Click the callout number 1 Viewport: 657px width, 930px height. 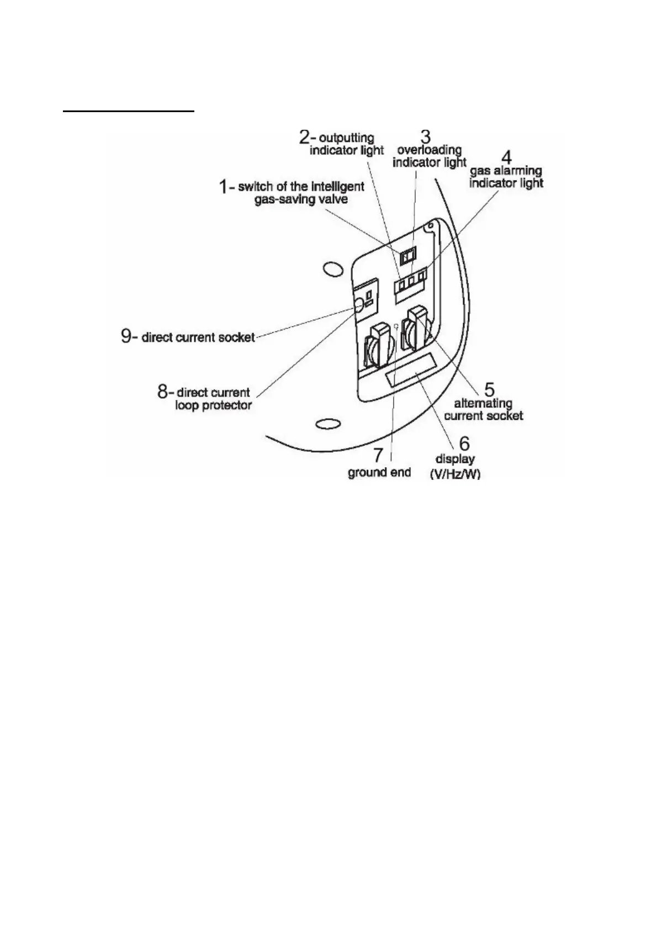point(224,187)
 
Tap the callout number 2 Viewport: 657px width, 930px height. point(305,136)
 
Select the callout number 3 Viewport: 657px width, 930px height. point(426,136)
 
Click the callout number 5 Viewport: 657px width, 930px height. point(489,390)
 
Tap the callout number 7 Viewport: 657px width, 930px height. point(378,455)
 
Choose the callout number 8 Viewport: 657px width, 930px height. point(163,392)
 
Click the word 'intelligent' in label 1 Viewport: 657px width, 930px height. point(336,187)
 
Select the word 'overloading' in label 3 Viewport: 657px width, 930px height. point(429,150)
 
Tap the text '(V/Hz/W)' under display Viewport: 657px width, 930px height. point(455,474)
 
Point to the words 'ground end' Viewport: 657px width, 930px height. point(379,472)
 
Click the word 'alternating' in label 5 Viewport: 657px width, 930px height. point(483,403)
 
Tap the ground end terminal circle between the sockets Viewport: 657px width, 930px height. point(396,325)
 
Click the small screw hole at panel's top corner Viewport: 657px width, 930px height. point(427,227)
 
